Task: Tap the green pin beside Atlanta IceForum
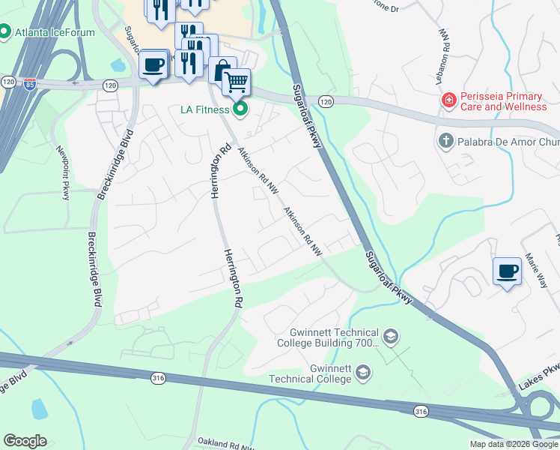point(4,32)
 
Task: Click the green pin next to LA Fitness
point(240,109)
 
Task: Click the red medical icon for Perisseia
point(448,100)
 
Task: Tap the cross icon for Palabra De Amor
point(445,140)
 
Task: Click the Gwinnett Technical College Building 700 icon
point(390,337)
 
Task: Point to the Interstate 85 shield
point(30,83)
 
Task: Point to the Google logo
point(25,441)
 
